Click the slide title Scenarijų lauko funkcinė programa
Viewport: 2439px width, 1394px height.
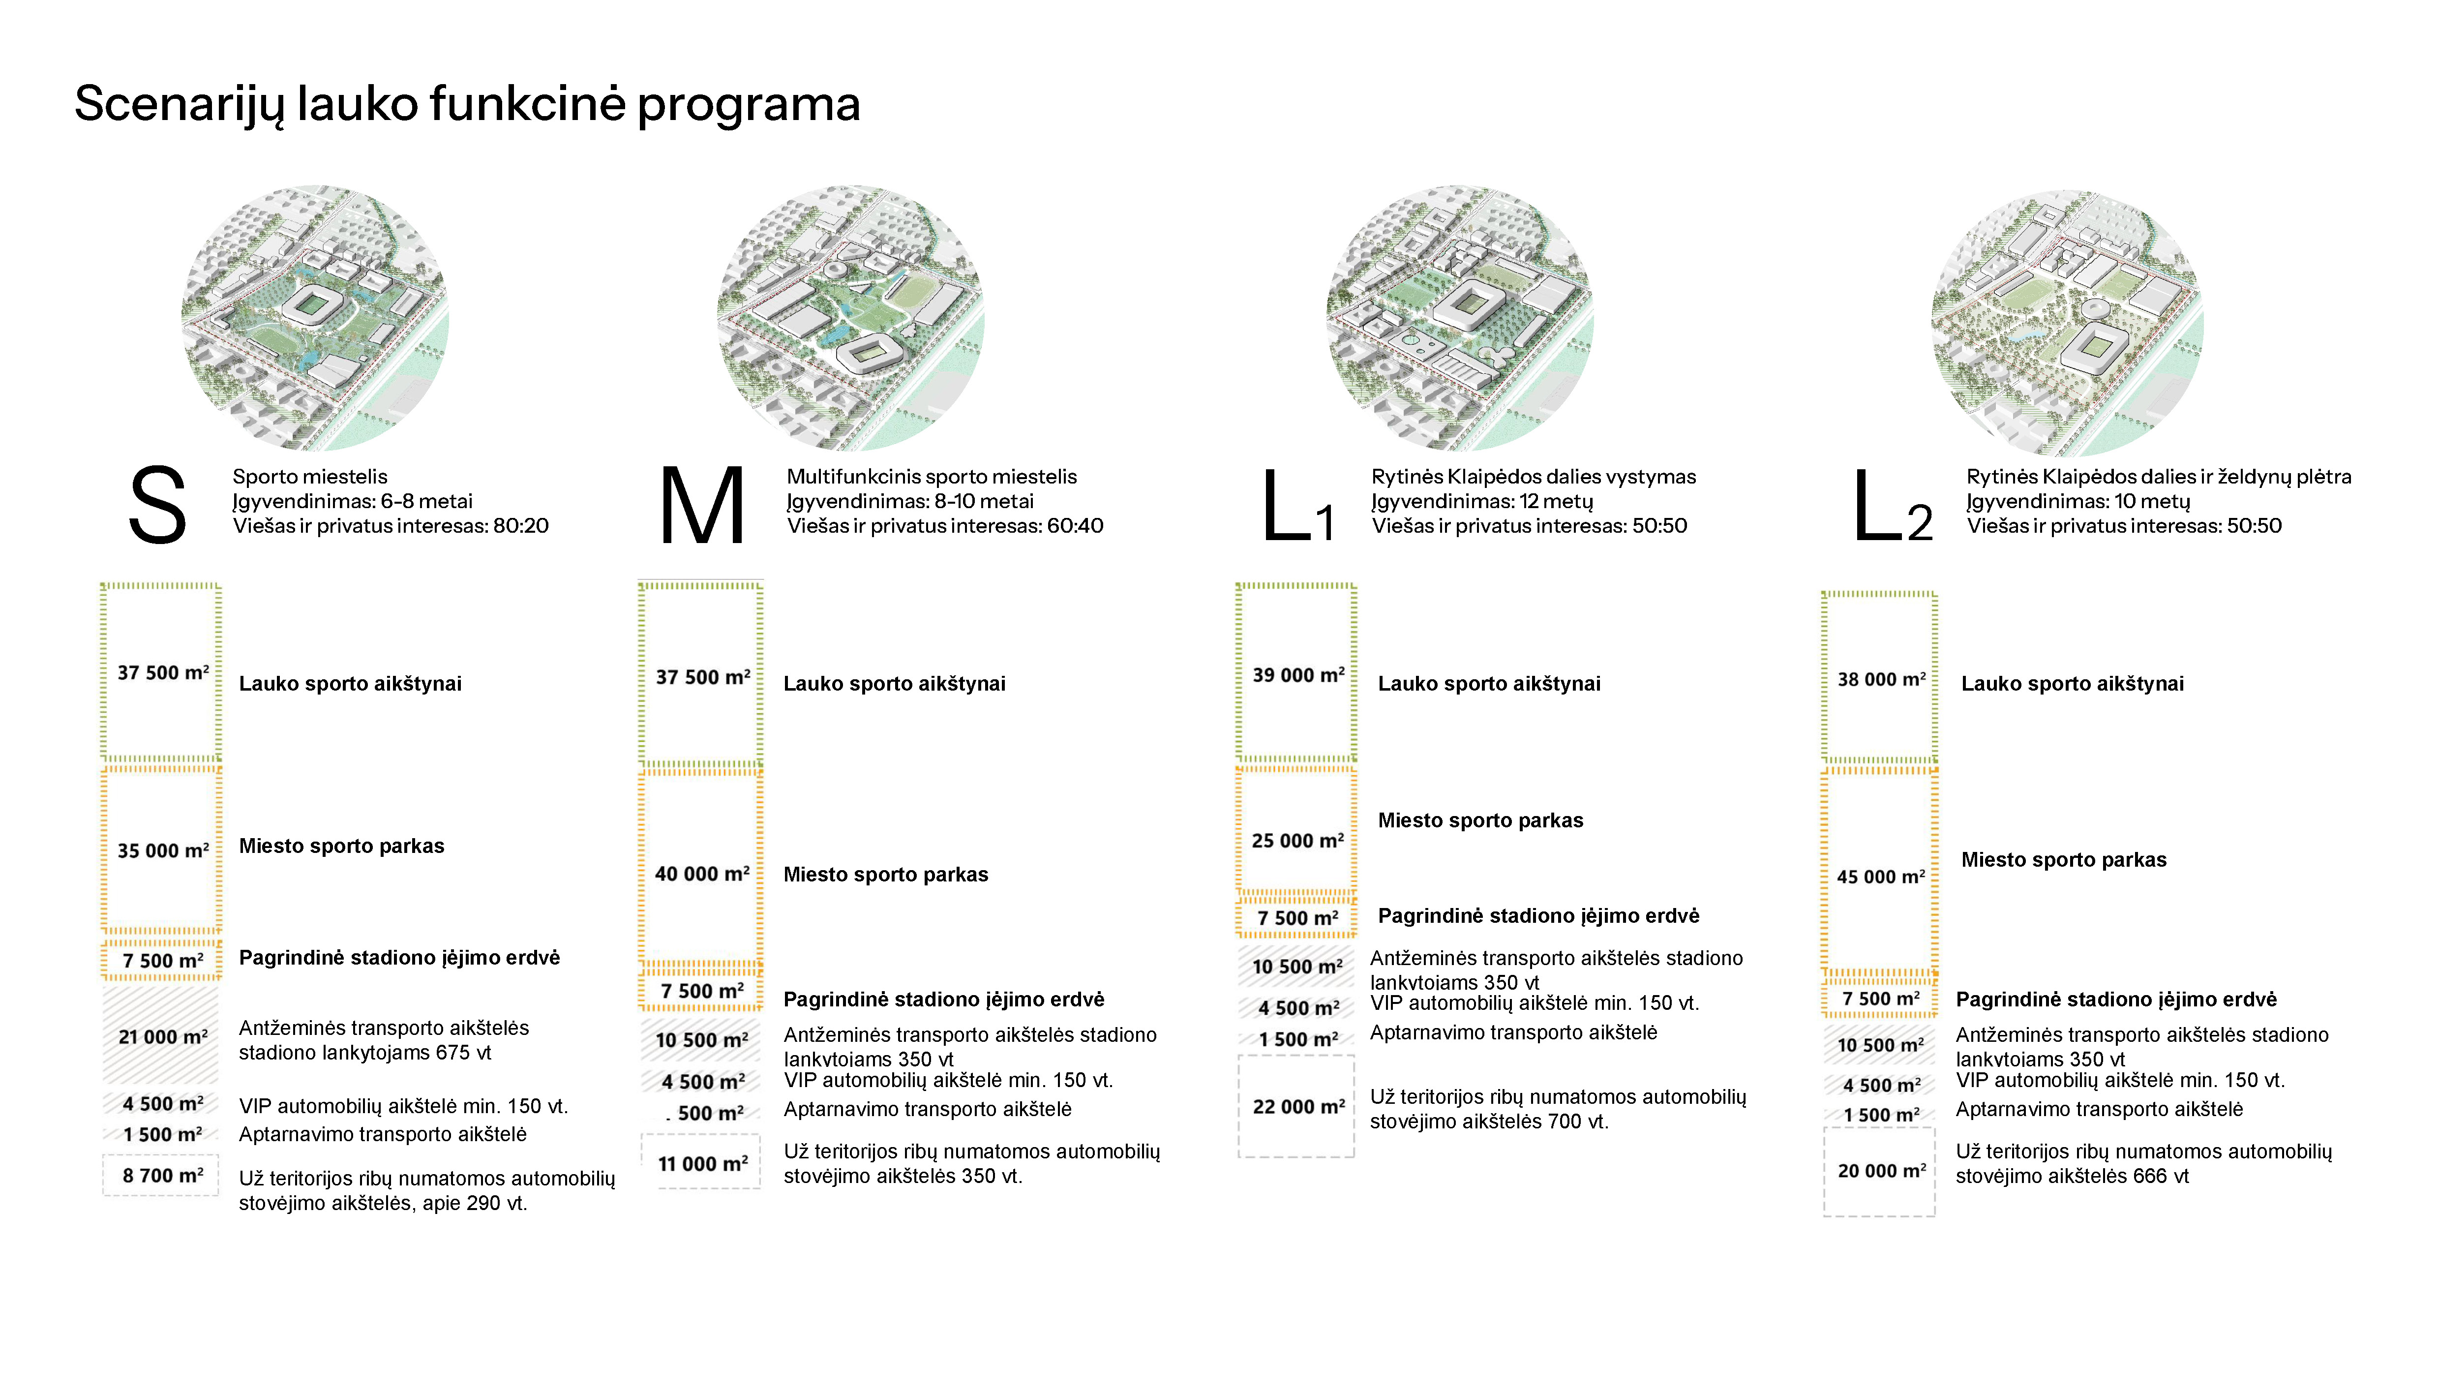click(x=467, y=103)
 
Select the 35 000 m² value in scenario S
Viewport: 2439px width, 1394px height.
click(x=163, y=850)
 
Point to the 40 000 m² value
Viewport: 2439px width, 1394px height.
click(x=702, y=873)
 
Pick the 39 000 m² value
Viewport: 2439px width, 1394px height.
click(x=1298, y=675)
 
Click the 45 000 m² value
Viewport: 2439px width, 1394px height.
click(x=1880, y=876)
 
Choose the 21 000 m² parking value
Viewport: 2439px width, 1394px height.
click(x=163, y=1036)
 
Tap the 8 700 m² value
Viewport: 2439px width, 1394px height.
click(x=163, y=1175)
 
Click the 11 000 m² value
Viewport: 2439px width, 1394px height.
click(x=702, y=1163)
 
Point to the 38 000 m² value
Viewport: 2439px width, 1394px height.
click(x=1880, y=679)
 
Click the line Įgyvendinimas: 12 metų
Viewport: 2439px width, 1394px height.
click(x=1482, y=501)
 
